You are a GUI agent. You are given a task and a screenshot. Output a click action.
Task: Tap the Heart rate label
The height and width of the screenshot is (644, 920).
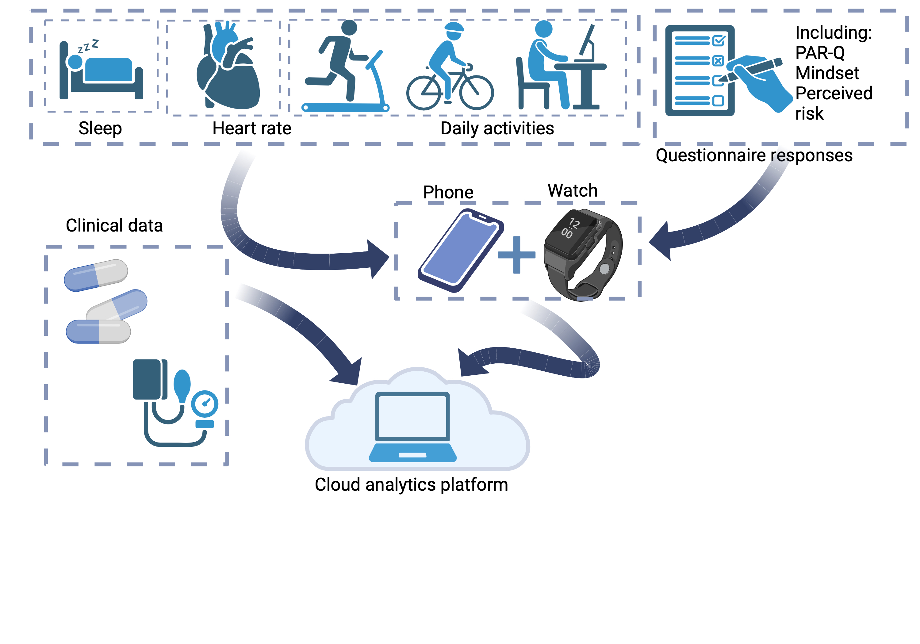[x=252, y=128]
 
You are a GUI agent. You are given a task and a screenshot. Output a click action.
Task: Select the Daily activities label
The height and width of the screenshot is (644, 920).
[x=497, y=128]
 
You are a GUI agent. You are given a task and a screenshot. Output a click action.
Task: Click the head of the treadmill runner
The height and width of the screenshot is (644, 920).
[x=349, y=28]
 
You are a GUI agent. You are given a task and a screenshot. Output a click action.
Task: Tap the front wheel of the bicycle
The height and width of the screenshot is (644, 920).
[x=477, y=93]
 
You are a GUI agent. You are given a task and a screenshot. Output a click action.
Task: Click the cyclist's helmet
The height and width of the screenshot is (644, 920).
[x=454, y=28]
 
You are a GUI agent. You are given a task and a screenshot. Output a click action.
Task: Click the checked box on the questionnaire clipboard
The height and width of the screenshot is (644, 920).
[x=719, y=40]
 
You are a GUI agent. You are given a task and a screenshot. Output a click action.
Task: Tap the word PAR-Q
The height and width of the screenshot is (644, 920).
[x=820, y=53]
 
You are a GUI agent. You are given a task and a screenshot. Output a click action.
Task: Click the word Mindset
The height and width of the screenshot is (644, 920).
[x=827, y=73]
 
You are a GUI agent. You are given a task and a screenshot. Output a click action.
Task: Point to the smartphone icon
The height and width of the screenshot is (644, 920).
[x=461, y=251]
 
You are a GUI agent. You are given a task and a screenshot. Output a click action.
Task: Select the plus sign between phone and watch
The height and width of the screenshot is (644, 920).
[x=516, y=255]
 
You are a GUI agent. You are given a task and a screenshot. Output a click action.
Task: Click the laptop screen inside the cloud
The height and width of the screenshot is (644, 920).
[x=412, y=416]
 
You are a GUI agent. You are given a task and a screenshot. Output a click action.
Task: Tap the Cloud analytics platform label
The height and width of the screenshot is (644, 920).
[x=411, y=485]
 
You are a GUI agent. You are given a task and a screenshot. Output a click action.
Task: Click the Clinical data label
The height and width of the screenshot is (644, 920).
[x=114, y=225]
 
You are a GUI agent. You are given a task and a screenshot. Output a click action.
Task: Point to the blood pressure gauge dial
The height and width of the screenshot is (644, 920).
[x=205, y=404]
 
